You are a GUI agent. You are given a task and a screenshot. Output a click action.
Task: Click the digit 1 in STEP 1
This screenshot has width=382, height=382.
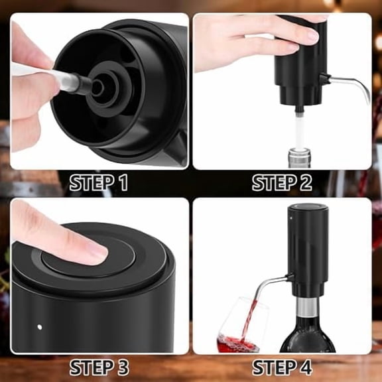coord(122,184)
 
